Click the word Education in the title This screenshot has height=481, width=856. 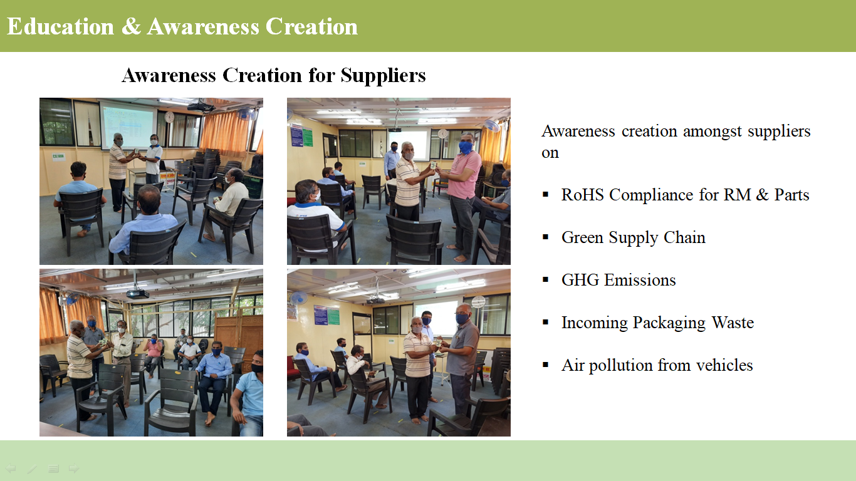[60, 26]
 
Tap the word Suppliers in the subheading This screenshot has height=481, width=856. [383, 76]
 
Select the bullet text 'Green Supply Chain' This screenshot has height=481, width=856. [633, 237]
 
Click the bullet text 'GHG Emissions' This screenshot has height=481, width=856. [619, 280]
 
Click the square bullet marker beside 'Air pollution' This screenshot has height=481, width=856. [545, 365]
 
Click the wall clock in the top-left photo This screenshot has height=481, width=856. [169, 117]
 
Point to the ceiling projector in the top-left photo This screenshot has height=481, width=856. [201, 107]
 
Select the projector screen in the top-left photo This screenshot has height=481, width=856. [128, 125]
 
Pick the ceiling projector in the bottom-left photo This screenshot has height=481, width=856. [138, 293]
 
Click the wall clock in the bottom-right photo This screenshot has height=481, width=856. [478, 302]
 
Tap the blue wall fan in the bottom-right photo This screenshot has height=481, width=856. [298, 298]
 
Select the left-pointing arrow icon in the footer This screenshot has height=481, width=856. [10, 468]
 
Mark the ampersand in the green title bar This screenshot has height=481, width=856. [131, 27]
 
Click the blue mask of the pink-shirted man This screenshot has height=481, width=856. [466, 147]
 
